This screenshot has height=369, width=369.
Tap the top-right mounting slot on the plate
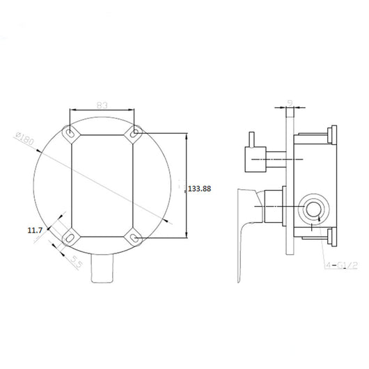coord(134,131)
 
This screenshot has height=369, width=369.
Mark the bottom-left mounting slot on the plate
coord(70,237)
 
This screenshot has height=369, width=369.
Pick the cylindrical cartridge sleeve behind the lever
coord(274,208)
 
